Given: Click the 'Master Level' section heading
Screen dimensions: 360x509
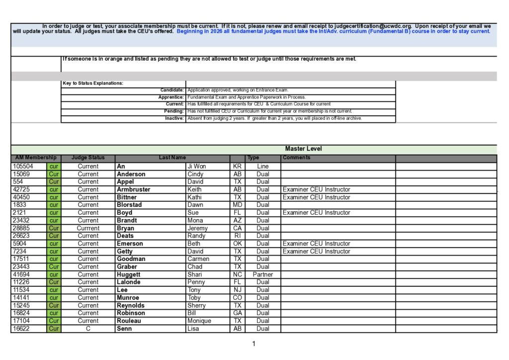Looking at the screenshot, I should [303, 149].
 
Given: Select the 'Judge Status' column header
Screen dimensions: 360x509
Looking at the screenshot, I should [88, 158].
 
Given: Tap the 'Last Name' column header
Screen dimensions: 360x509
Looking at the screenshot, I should [172, 158].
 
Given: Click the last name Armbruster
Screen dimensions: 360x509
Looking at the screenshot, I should [133, 189].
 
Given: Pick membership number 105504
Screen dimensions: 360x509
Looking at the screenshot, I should [23, 167].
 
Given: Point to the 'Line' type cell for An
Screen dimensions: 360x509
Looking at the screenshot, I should [262, 167].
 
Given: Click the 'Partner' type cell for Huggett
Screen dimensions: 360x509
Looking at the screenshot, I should [262, 274].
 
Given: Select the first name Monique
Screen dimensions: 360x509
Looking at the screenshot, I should [199, 321].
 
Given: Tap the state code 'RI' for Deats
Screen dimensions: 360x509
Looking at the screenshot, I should [237, 236].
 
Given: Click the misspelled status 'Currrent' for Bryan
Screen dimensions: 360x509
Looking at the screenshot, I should [88, 228].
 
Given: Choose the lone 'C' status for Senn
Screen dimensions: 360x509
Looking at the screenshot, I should [88, 329].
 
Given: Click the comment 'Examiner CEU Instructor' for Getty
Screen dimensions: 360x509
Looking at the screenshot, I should [316, 251].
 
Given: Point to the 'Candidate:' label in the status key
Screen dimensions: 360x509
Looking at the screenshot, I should [172, 90].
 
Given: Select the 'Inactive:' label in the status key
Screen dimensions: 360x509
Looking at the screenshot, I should [174, 118].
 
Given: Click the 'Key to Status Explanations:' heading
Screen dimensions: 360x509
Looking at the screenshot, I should [93, 83].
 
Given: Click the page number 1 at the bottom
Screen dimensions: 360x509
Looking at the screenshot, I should [254, 344].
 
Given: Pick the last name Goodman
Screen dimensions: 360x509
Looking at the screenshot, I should [131, 259].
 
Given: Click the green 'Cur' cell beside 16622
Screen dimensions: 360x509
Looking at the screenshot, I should [54, 329].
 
